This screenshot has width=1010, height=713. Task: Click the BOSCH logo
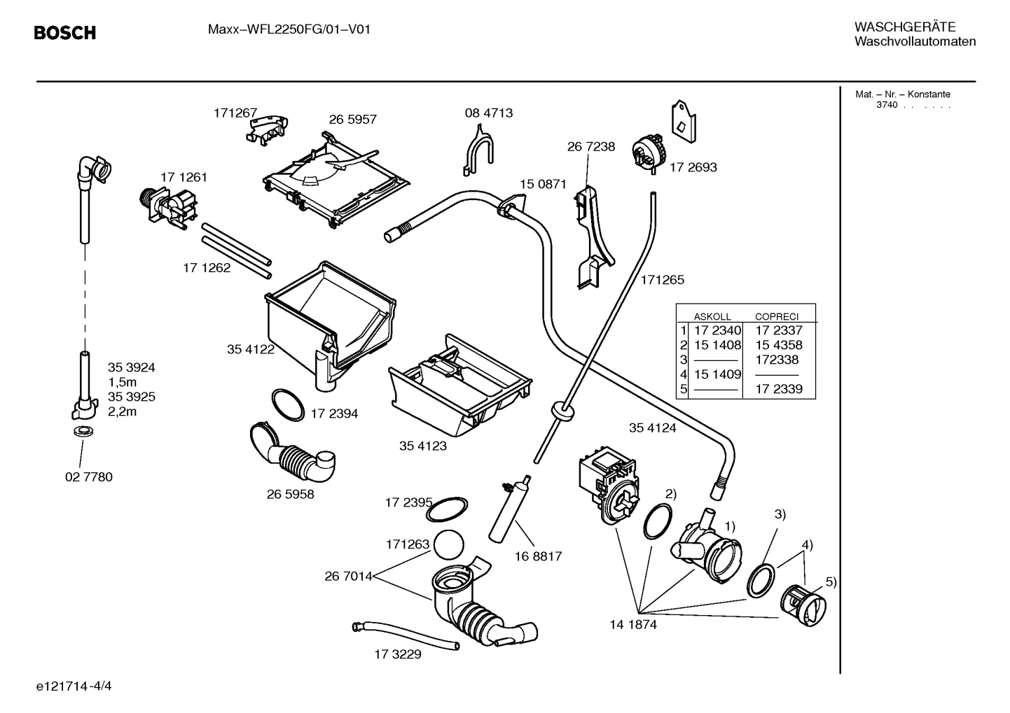[x=65, y=33]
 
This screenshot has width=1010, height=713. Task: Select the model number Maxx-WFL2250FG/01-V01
[x=289, y=29]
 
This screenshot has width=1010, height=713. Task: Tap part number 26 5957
[x=352, y=120]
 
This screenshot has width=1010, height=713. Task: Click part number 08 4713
[x=488, y=113]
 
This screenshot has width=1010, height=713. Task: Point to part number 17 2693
[x=693, y=167]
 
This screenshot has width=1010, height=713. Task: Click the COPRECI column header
[x=776, y=316]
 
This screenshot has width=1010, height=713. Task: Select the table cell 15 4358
[x=778, y=345]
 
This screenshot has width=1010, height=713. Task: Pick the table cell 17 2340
[x=717, y=330]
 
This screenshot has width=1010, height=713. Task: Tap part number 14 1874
[x=633, y=625]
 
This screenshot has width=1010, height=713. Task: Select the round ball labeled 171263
[x=449, y=545]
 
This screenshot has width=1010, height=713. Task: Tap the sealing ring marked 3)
[x=761, y=580]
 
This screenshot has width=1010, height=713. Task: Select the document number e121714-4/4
[x=74, y=686]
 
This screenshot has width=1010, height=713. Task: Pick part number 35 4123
[x=422, y=446]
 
